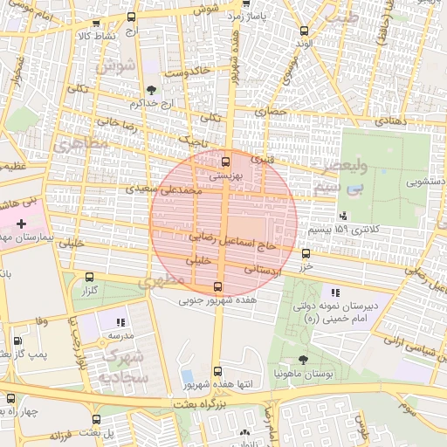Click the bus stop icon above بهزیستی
[x=226, y=161]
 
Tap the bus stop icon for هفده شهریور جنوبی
[x=218, y=286]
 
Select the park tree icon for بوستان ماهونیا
[x=303, y=359]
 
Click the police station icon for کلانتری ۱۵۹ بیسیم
[x=342, y=216]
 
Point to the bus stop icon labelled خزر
[x=306, y=253]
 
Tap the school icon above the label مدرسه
[x=120, y=322]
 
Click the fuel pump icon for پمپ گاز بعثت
[x=18, y=341]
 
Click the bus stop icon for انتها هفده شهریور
[x=217, y=371]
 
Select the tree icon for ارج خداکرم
[x=152, y=90]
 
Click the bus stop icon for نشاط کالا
[x=96, y=24]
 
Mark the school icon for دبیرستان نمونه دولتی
[x=335, y=292]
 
